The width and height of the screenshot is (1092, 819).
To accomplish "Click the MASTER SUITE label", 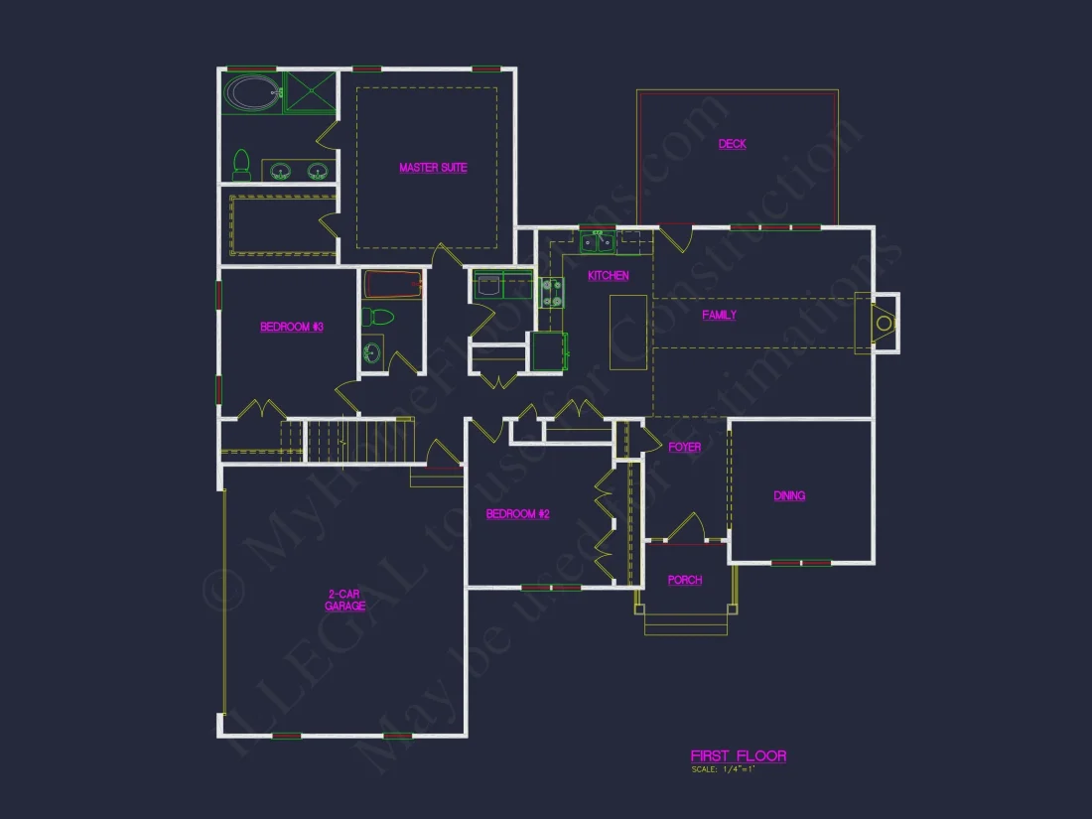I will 433,168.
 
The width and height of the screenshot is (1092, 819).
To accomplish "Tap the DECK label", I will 733,144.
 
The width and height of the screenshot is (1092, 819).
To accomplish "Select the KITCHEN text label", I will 608,276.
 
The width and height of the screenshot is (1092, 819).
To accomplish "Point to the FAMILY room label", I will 719,315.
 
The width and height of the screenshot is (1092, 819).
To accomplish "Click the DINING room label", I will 789,495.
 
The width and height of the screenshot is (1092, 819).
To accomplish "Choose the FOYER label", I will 684,448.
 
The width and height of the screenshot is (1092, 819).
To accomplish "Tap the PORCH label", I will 684,580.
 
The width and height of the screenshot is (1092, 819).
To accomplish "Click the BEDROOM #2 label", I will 517,514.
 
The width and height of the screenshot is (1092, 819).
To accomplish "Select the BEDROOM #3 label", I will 292,327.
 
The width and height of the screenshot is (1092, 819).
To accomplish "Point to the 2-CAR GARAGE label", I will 345,600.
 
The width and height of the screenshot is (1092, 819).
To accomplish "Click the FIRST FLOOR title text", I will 738,756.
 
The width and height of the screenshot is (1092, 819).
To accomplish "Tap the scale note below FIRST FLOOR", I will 724,769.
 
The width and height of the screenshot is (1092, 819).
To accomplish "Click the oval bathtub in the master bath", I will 252,93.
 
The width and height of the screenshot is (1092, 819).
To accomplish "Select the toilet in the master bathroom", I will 241,165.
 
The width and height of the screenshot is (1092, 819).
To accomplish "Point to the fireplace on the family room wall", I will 880,323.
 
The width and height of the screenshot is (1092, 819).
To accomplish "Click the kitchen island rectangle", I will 627,332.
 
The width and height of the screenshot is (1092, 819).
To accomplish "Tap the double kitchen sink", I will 598,242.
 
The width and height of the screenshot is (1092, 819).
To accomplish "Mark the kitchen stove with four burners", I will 552,293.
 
